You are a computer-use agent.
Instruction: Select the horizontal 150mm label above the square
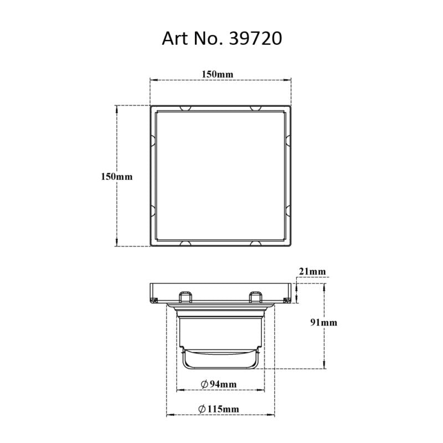pos(221,74)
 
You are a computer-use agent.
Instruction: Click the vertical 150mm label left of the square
pos(117,177)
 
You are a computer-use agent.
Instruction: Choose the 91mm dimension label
pos(324,322)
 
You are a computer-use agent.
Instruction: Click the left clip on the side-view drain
pos(185,297)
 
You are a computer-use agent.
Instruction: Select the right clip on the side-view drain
pos(255,297)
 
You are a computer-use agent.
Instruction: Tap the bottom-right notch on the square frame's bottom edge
pos(255,244)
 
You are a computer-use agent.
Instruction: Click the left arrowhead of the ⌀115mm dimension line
pos(169,414)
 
